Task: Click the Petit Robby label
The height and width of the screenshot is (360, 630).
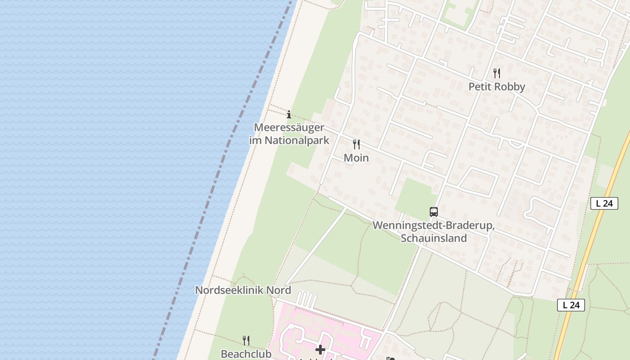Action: click(496, 86)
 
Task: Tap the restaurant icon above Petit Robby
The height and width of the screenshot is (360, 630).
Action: click(497, 73)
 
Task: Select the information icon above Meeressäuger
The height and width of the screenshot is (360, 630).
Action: click(289, 114)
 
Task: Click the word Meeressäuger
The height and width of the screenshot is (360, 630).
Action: click(289, 127)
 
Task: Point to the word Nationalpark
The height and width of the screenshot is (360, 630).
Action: click(297, 140)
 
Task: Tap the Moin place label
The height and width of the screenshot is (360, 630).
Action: click(356, 157)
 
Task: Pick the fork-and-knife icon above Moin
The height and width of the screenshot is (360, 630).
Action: click(356, 144)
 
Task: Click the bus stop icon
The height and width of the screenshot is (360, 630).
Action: click(434, 211)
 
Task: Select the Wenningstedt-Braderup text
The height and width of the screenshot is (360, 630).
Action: click(433, 225)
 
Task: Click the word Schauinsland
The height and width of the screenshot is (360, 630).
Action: click(433, 238)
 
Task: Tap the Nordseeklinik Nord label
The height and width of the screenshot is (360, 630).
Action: click(243, 290)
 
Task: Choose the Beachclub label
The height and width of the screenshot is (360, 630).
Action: click(246, 354)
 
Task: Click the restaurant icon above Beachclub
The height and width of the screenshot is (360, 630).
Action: click(246, 340)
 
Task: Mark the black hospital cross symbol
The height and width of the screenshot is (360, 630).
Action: click(320, 349)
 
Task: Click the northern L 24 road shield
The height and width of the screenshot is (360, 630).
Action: click(604, 203)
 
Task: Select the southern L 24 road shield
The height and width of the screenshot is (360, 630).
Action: click(571, 305)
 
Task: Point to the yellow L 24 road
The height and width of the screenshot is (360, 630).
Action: click(585, 261)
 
